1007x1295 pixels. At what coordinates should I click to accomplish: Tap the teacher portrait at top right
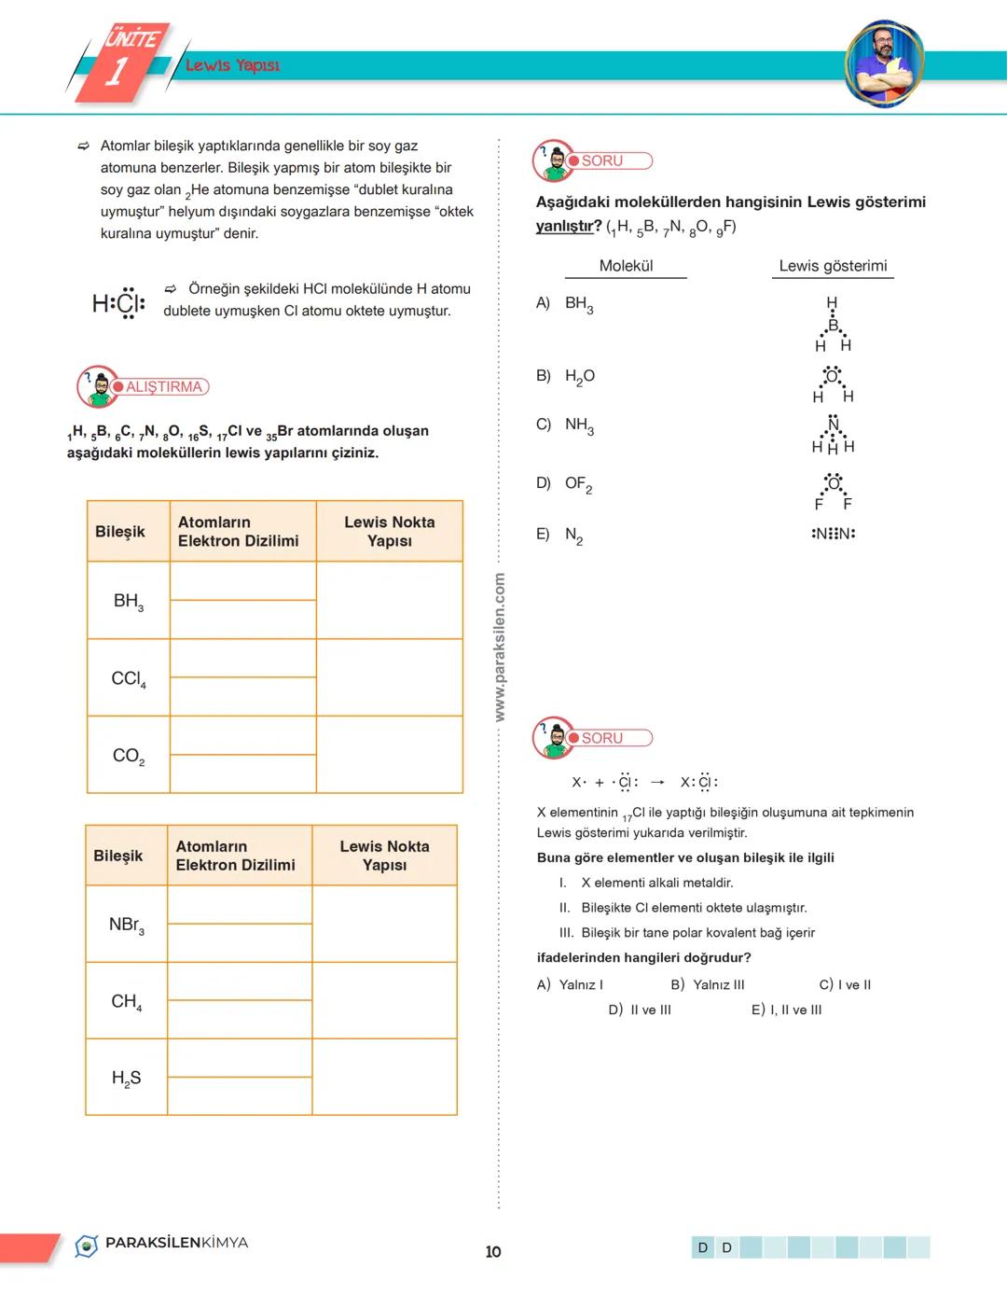pyautogui.click(x=883, y=63)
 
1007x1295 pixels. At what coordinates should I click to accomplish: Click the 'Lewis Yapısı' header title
pyautogui.click(x=232, y=65)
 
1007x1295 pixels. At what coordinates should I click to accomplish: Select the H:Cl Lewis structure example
pyautogui.click(x=118, y=303)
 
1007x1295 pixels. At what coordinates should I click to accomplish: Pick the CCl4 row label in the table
pyautogui.click(x=129, y=678)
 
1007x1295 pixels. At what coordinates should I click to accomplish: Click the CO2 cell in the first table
pyautogui.click(x=129, y=756)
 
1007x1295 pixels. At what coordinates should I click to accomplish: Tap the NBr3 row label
pyautogui.click(x=127, y=925)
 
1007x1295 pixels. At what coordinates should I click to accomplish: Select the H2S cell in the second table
pyautogui.click(x=127, y=1079)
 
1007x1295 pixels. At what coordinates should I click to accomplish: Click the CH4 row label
pyautogui.click(x=127, y=1002)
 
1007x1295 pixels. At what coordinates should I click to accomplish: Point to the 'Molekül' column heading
pyautogui.click(x=626, y=266)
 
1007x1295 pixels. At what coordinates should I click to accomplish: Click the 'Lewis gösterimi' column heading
pyautogui.click(x=833, y=266)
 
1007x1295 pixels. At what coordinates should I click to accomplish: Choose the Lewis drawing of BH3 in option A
pyautogui.click(x=833, y=325)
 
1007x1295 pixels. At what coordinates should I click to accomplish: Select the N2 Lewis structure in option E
pyautogui.click(x=833, y=534)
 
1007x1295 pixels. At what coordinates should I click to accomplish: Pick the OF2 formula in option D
pyautogui.click(x=578, y=484)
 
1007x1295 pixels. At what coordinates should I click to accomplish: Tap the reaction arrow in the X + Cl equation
pyautogui.click(x=658, y=782)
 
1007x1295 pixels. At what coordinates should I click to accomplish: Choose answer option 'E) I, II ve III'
pyautogui.click(x=787, y=1010)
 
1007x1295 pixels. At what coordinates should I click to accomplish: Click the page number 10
pyautogui.click(x=493, y=1251)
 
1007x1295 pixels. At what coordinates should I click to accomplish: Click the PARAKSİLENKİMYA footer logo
pyautogui.click(x=162, y=1244)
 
